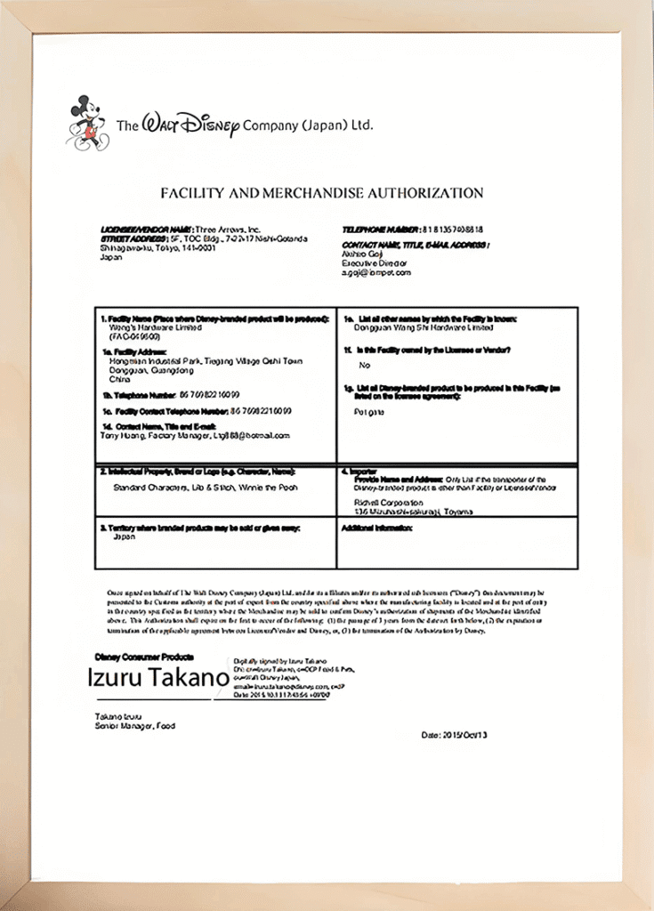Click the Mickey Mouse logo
coord(87,122)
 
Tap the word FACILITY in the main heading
coord(191,192)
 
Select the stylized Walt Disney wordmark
coord(191,125)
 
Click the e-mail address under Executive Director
coord(376,272)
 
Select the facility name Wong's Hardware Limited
coord(151,327)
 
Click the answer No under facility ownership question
coord(364,366)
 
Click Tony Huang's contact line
coord(196,436)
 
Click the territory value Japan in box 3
coord(124,537)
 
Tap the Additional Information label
coord(377,528)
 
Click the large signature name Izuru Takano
coord(157,678)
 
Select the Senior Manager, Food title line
coord(135,726)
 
